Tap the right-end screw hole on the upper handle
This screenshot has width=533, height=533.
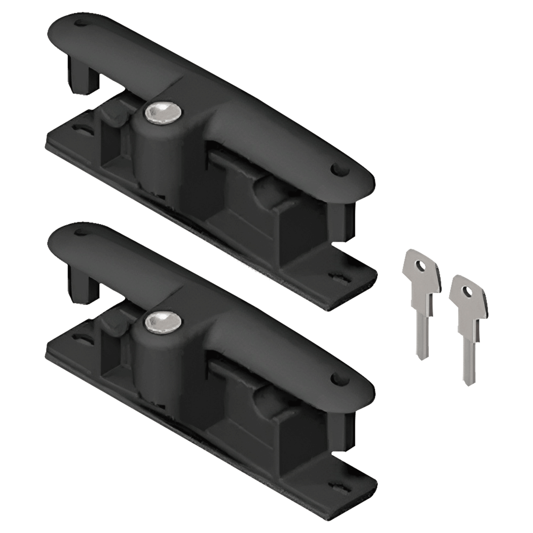tap(339, 170)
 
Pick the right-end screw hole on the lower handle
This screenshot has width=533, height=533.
tap(339, 379)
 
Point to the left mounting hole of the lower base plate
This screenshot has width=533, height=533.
tap(79, 339)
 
